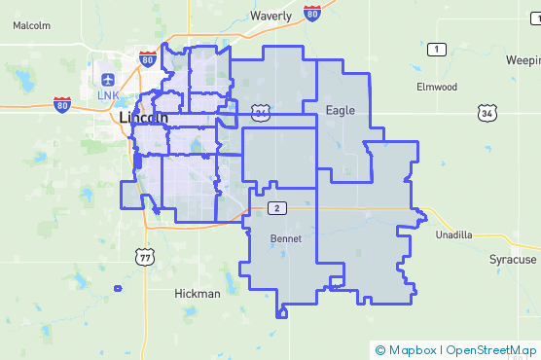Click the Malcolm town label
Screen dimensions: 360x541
click(32, 26)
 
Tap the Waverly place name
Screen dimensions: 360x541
click(270, 17)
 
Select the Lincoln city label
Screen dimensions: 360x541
click(143, 118)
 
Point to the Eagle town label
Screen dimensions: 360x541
click(341, 110)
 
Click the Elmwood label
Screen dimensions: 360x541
click(437, 87)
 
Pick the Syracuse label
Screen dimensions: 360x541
click(512, 260)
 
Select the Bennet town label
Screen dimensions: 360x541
click(285, 238)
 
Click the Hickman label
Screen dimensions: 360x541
click(198, 293)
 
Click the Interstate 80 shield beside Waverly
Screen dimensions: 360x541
click(311, 12)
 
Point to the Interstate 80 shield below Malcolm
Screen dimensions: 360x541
click(62, 104)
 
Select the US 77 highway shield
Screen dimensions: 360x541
click(146, 257)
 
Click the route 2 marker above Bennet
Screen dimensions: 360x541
click(277, 208)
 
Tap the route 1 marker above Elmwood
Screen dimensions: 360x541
click(437, 49)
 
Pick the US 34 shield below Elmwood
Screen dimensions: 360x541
click(487, 114)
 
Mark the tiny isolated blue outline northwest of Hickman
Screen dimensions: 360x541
click(118, 288)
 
